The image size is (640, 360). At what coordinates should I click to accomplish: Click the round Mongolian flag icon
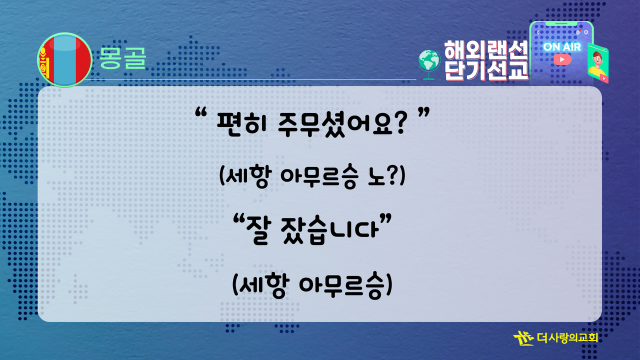click(65, 60)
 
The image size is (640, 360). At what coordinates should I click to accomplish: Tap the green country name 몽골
click(122, 58)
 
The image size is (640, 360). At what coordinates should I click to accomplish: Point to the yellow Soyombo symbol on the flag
click(44, 63)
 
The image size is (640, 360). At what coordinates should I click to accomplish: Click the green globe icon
click(429, 64)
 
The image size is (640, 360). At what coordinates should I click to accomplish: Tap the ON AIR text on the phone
click(562, 47)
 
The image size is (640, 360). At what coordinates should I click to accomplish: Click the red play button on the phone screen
click(562, 59)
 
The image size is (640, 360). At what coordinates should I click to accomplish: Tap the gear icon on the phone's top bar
click(586, 32)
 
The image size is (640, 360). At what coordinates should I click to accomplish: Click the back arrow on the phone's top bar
click(538, 32)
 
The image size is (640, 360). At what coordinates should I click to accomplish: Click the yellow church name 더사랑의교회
click(567, 337)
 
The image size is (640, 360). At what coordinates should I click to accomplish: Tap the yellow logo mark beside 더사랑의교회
click(523, 338)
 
